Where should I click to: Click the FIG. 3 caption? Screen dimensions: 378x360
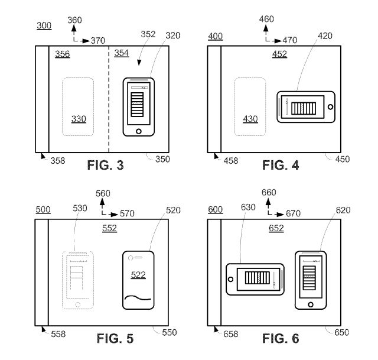[x=105, y=166]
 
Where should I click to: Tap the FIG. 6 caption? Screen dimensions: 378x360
[x=281, y=338]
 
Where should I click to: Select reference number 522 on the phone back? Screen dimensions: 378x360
[x=138, y=275]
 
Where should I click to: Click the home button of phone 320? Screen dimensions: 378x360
[x=139, y=131]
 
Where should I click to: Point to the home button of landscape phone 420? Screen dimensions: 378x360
[x=331, y=106]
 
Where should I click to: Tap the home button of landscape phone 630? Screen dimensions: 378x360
[x=230, y=279]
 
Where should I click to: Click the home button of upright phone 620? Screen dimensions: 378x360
[x=311, y=304]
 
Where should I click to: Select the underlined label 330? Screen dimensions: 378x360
[x=79, y=119]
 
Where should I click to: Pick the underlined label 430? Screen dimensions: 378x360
[x=250, y=119]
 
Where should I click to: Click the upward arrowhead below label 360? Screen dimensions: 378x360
[x=74, y=28]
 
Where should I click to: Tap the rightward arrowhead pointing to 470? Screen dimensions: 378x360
[x=278, y=41]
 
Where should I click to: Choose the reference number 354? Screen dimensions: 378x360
[x=122, y=53]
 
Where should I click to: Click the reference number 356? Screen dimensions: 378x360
[x=63, y=54]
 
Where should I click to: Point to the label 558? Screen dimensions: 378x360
[x=58, y=334]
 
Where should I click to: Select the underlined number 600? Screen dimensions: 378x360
[x=215, y=209]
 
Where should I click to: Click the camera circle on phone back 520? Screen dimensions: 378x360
[x=131, y=258]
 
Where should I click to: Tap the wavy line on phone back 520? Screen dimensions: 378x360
[x=138, y=298]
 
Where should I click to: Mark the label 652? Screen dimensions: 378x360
[x=276, y=228]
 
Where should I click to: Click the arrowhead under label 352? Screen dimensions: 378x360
[x=139, y=63]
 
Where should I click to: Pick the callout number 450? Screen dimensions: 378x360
[x=343, y=159]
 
